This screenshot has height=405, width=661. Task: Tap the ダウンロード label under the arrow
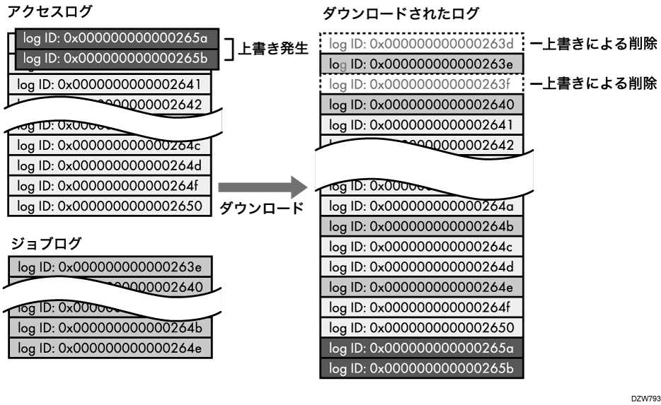click(x=261, y=209)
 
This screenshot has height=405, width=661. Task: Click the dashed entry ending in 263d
click(x=421, y=45)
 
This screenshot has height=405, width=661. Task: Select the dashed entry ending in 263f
click(x=421, y=85)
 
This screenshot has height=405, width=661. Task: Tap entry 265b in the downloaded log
click(x=421, y=369)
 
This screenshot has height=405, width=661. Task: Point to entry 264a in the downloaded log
click(x=421, y=206)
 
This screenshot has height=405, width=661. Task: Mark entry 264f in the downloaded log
click(x=421, y=308)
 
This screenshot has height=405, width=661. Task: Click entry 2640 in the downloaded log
click(x=421, y=105)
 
